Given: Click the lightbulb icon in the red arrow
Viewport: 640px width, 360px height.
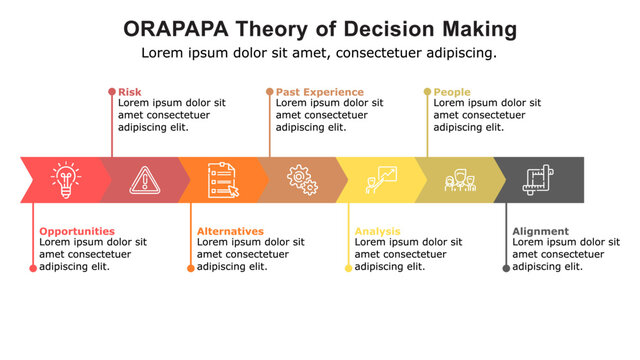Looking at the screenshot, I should (x=65, y=179).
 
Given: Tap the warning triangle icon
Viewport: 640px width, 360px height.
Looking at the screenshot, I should (x=144, y=179).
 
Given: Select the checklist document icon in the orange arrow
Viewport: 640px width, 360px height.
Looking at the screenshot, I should (x=222, y=179).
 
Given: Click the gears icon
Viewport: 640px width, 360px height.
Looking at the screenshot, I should (x=301, y=179).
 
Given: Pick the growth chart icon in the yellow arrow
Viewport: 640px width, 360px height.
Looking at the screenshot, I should (x=380, y=179).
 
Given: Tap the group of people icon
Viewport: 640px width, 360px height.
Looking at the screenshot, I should (x=459, y=180).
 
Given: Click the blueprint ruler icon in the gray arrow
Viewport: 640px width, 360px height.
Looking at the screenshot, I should (x=538, y=180).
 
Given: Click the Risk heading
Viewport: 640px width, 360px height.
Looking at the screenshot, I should (x=130, y=92).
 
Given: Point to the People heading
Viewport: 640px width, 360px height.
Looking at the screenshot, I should (x=452, y=92).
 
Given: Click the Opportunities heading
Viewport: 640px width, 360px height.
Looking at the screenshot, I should (x=77, y=231).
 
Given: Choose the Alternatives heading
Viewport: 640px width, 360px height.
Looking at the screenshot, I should (x=230, y=231).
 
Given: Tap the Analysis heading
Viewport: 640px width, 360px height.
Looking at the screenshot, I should (x=377, y=231).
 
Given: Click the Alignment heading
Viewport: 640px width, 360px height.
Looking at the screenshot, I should (x=540, y=231).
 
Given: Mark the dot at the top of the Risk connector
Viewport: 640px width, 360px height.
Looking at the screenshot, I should (x=111, y=92).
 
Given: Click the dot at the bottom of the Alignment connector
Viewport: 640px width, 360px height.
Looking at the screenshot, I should (x=506, y=268).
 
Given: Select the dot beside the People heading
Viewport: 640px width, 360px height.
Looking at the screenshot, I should (x=427, y=92).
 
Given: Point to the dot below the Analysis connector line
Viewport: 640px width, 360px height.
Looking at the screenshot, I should (x=348, y=268).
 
